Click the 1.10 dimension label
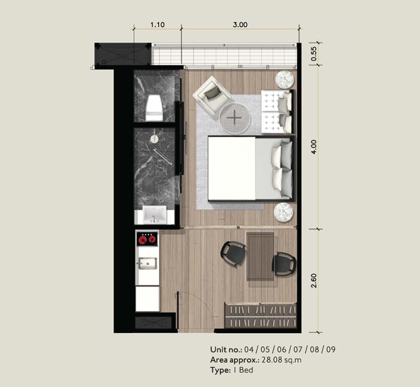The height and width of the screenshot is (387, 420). pyautogui.click(x=157, y=25)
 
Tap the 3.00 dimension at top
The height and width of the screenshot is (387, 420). pyautogui.click(x=240, y=25)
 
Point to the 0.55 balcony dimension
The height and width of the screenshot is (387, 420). pyautogui.click(x=314, y=54)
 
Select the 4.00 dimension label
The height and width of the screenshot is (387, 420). pyautogui.click(x=314, y=146)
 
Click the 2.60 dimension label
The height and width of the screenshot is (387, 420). pyautogui.click(x=314, y=280)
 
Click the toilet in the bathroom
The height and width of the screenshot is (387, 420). pyautogui.click(x=154, y=108)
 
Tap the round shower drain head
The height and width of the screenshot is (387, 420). pyautogui.click(x=154, y=138)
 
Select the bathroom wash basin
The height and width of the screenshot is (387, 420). pyautogui.click(x=154, y=214)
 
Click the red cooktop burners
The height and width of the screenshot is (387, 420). pyautogui.click(x=147, y=239)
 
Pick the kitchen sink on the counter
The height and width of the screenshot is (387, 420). pyautogui.click(x=147, y=263)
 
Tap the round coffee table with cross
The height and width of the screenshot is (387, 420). pyautogui.click(x=235, y=118)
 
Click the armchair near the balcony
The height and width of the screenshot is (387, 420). pyautogui.click(x=212, y=95)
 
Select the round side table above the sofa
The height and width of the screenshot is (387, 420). pyautogui.click(x=284, y=80)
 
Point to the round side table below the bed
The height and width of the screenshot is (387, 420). pyautogui.click(x=283, y=212)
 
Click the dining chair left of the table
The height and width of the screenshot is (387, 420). pyautogui.click(x=233, y=254)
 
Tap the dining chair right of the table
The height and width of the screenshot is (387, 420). pyautogui.click(x=284, y=264)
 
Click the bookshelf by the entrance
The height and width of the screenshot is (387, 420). pyautogui.click(x=260, y=315)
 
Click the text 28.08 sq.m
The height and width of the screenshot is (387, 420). pyautogui.click(x=282, y=360)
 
